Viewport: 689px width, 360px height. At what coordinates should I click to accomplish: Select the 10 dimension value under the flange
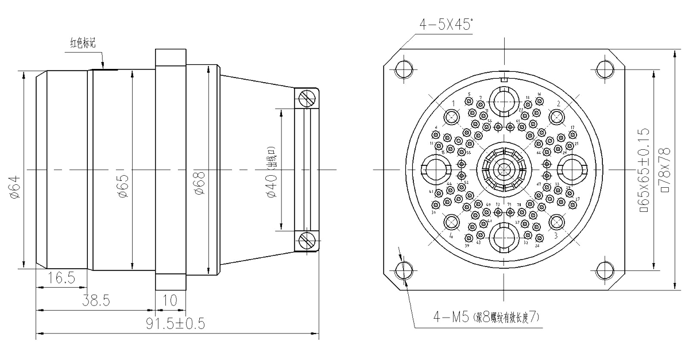coord(171,299)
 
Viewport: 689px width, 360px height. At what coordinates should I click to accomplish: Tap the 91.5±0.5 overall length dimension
coord(175,324)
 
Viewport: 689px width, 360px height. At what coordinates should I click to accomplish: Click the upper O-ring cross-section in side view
coord(307,98)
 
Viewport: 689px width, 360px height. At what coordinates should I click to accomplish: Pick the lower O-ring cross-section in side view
coord(307,240)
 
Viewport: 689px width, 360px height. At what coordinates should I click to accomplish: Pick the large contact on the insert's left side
coord(436,170)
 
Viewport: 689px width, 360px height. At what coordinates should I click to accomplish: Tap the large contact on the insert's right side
coord(571,170)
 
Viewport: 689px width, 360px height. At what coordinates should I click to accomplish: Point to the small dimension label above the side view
coord(83,42)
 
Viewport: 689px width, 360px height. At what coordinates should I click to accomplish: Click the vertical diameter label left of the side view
coord(13,187)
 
